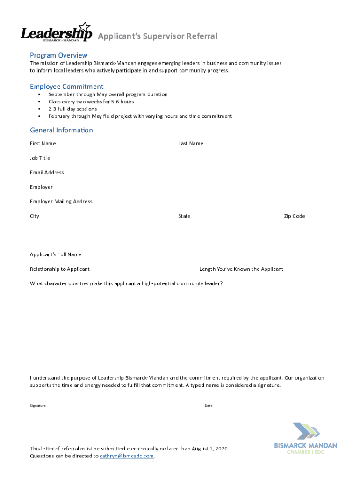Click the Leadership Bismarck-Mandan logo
[x=56, y=33]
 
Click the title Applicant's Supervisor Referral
[x=157, y=36]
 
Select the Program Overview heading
[x=58, y=55]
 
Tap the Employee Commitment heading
[x=66, y=87]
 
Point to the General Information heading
[x=61, y=130]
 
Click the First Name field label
[x=43, y=143]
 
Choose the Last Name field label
[x=190, y=143]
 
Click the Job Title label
[x=40, y=158]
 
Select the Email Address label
[x=47, y=172]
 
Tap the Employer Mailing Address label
[x=61, y=201]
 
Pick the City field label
[x=35, y=216]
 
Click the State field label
[x=184, y=216]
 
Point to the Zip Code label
[x=294, y=216]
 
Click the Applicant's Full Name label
[x=56, y=254]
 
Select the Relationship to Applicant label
[x=60, y=269]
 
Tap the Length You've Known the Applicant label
[x=241, y=269]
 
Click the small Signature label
[x=38, y=406]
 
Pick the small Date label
[x=209, y=406]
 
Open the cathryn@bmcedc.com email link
[x=127, y=456]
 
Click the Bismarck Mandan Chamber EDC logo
[x=305, y=438]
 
